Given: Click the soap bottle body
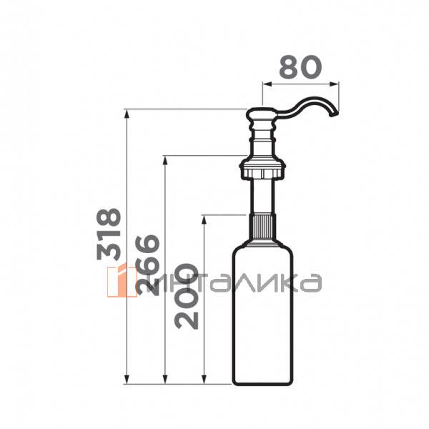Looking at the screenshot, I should coord(263,315).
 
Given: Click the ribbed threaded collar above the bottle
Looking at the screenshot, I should coord(263,228).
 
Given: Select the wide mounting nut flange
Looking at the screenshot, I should coord(263,171).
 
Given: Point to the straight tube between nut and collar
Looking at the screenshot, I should coord(263,197).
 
